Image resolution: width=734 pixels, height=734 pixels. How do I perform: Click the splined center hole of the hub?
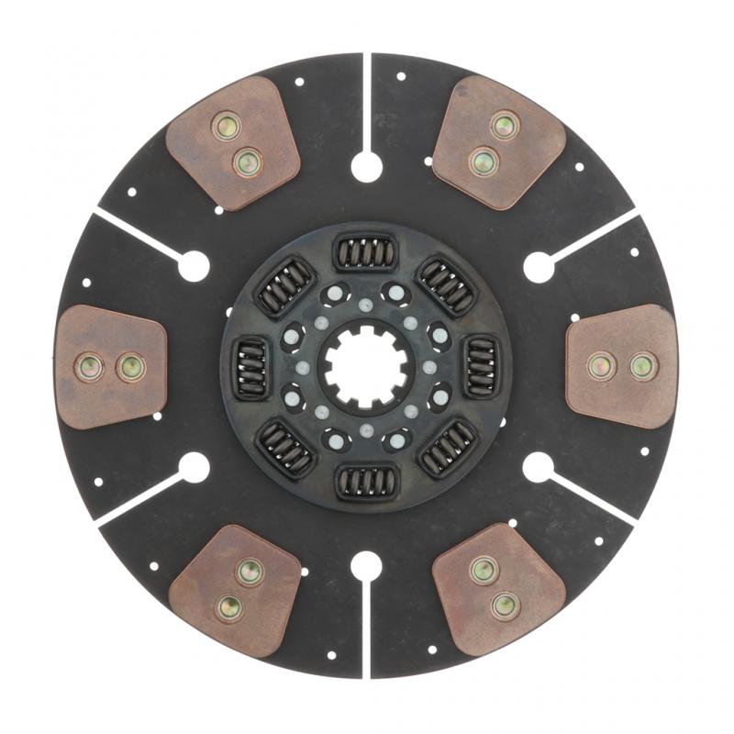[x=364, y=366]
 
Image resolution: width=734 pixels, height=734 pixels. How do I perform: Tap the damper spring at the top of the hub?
[x=365, y=251]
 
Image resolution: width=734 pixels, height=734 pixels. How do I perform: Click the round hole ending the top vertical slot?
[x=366, y=167]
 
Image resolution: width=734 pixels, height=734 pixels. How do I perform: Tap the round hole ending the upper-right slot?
[x=538, y=267]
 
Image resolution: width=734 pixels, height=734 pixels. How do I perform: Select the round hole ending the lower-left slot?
[x=195, y=467]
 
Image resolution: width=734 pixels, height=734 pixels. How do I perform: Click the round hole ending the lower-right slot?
[x=538, y=466]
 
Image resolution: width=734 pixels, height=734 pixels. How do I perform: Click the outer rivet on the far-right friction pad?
[x=642, y=366]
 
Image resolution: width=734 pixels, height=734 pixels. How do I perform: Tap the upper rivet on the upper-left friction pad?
[x=225, y=126]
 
